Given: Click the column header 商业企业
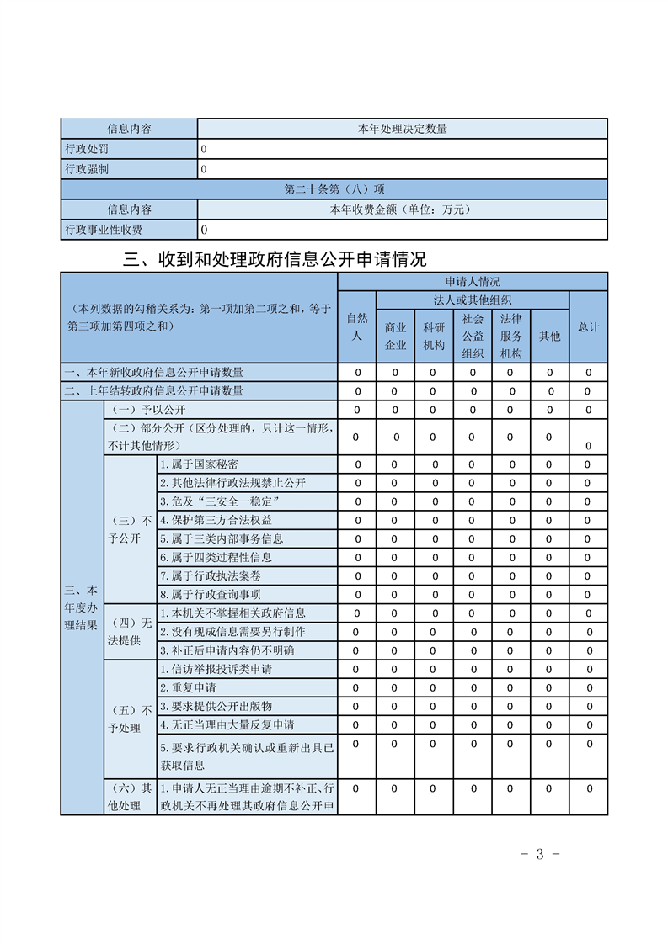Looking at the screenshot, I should click(396, 336).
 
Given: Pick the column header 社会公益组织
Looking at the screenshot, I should click(473, 336).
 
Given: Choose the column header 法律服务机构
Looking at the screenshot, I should click(511, 336).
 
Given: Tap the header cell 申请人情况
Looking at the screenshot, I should click(473, 282).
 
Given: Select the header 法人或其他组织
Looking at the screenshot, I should click(473, 300).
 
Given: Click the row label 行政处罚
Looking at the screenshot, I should click(87, 149).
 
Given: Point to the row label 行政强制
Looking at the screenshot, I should click(87, 169).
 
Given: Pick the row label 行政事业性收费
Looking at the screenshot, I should click(104, 230).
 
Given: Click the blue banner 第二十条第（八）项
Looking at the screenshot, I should click(334, 189).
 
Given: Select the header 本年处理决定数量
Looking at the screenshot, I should click(402, 129).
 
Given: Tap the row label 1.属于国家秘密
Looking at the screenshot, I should click(199, 464).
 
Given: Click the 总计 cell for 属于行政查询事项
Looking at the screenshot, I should click(589, 595).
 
